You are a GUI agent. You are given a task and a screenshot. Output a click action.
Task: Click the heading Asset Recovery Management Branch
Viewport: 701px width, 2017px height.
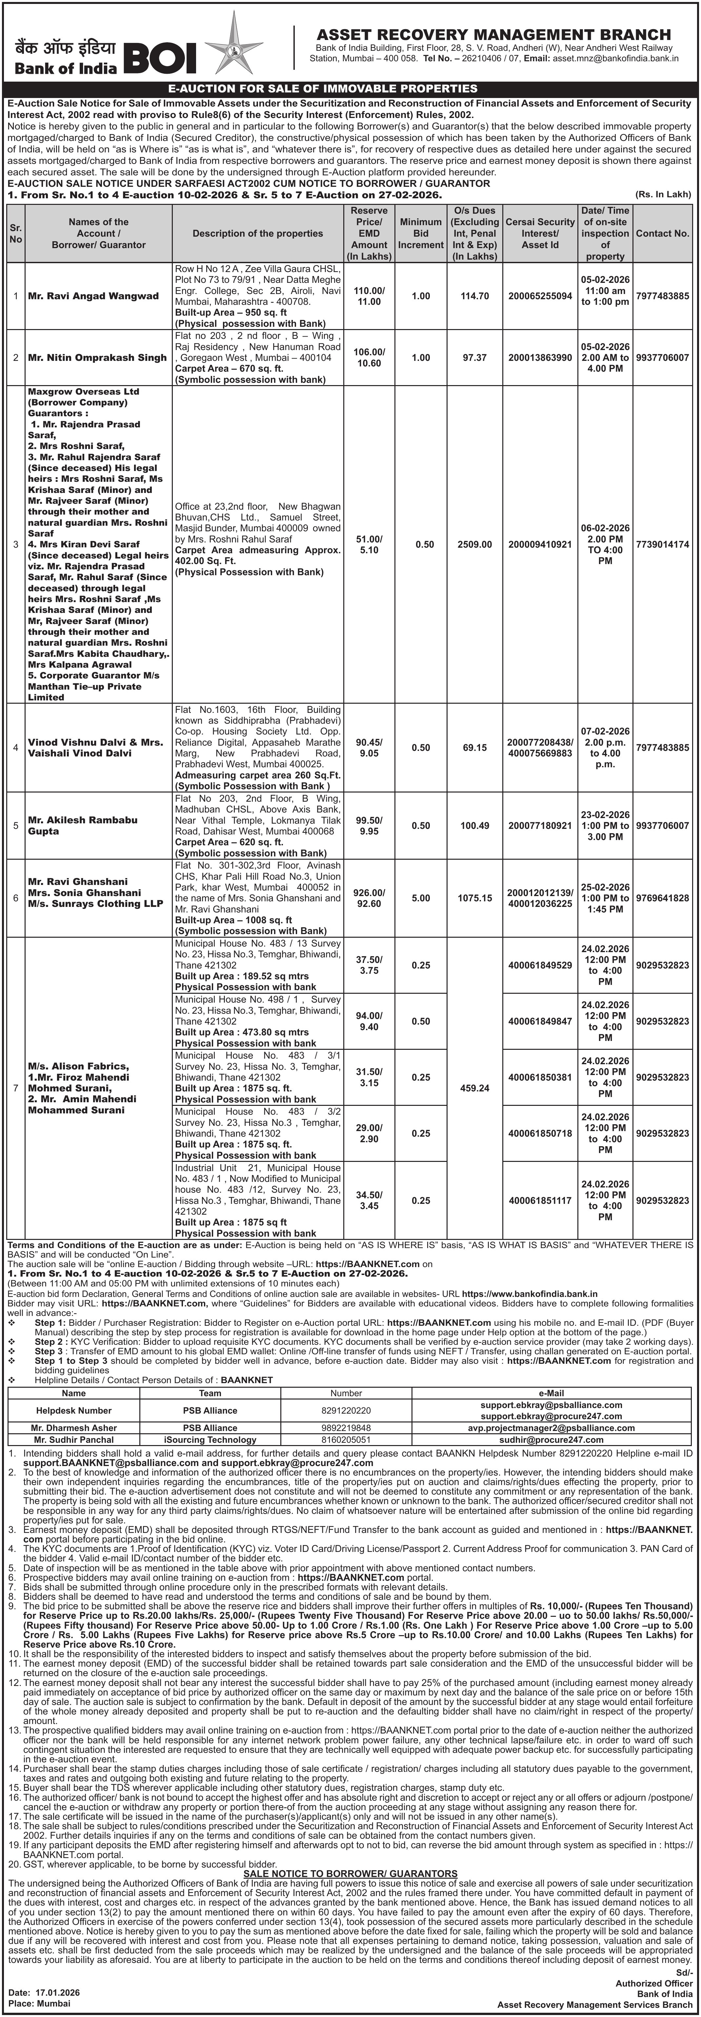[493, 34]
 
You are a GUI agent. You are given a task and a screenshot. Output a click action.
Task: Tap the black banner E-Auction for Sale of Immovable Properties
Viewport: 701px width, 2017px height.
[350, 88]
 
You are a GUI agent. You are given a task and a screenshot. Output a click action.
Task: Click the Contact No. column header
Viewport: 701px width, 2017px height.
[663, 233]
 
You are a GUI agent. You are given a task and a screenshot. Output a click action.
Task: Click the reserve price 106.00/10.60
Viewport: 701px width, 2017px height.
[368, 357]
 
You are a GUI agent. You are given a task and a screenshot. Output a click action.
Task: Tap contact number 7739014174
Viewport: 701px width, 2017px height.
[663, 544]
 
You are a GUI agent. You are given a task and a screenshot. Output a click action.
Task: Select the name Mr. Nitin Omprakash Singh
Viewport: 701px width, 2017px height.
[97, 357]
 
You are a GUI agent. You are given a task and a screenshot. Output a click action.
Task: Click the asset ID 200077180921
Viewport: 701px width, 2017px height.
[540, 825]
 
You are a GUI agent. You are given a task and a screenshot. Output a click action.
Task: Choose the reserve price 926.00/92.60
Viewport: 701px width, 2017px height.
[368, 898]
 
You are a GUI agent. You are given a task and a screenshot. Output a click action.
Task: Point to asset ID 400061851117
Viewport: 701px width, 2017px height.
[540, 1200]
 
